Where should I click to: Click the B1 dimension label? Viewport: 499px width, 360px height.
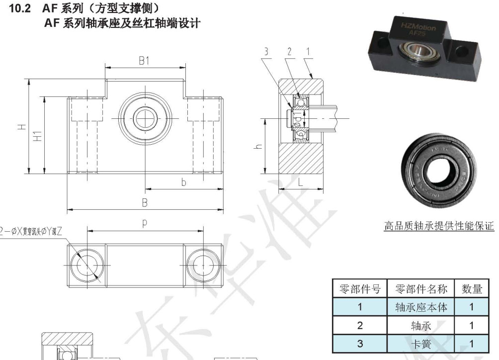pos(145,61)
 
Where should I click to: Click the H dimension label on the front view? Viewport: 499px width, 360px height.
pos(22,127)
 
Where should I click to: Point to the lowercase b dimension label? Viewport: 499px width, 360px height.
pos(183,182)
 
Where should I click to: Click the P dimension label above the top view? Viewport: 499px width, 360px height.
pos(145,224)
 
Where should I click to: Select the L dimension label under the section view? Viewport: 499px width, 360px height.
pos(301,182)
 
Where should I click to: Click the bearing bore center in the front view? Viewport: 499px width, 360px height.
pos(145,117)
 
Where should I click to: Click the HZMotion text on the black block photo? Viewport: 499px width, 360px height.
pos(418,25)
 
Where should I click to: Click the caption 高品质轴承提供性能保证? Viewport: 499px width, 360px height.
pos(439,226)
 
